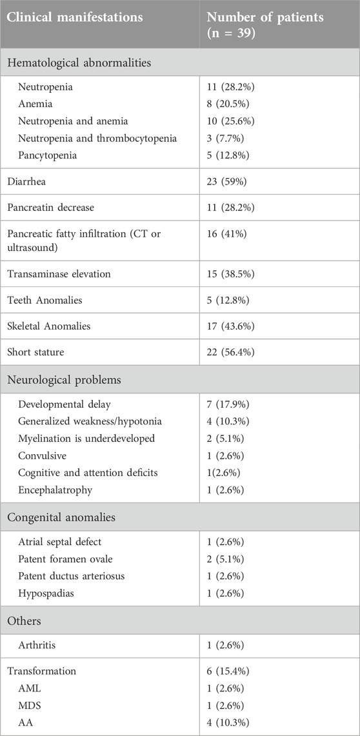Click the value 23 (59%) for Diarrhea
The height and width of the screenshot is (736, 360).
(x=227, y=182)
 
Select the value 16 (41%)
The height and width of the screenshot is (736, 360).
(x=227, y=234)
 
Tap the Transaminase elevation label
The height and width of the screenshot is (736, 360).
(x=59, y=274)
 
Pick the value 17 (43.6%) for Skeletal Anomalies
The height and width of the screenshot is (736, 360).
(x=232, y=326)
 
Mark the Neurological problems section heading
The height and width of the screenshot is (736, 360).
(x=65, y=379)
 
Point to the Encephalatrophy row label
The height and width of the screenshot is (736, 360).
(x=55, y=490)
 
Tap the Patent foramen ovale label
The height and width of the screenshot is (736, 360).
(x=61, y=559)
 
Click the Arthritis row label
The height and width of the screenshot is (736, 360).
(x=37, y=646)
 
